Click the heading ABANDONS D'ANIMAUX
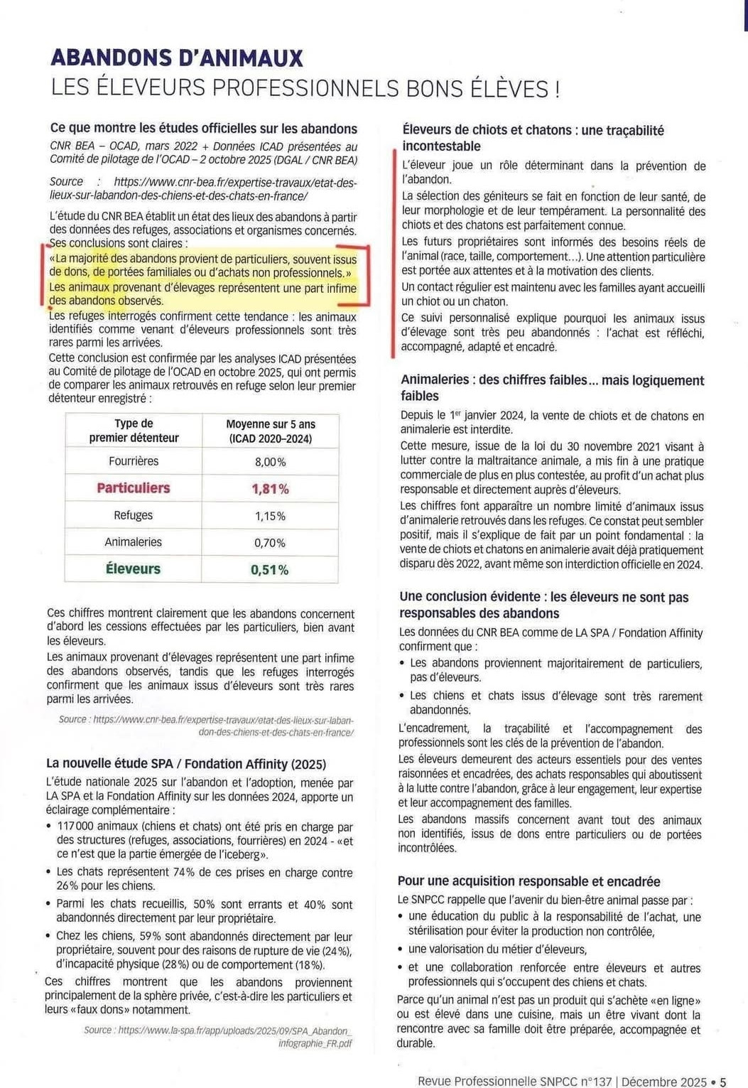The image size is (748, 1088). coord(177,58)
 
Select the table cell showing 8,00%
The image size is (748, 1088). coord(270,462)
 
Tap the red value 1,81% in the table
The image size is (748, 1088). coord(270,489)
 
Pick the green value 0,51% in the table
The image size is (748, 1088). coord(270,570)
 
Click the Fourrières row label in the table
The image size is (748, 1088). coord(134,461)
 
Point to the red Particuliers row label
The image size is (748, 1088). coord(134,488)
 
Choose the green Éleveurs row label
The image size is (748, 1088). coord(134,569)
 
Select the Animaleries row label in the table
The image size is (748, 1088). coord(134,542)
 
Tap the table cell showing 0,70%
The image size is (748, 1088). coord(270,543)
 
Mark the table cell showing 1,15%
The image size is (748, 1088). coord(270,516)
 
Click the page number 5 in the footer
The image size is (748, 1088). coord(723,1082)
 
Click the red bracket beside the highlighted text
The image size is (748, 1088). coord(367,276)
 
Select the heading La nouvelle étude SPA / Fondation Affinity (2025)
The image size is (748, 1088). coord(186,764)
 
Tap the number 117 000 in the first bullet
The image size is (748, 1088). coord(75,827)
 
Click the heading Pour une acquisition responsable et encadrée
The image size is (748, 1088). coord(529,882)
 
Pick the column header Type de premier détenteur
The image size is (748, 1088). coord(134,431)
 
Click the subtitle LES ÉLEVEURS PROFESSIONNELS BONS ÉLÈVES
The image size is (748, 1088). coord(305,88)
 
